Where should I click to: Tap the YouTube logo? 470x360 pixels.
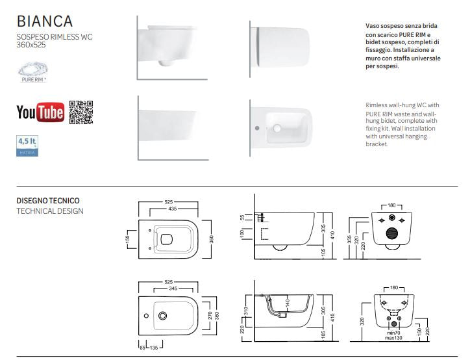(x=40, y=112)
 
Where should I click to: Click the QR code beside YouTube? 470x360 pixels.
(x=81, y=112)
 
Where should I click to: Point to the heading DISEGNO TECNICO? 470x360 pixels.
(x=47, y=201)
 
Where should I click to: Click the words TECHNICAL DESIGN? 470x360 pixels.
(x=49, y=211)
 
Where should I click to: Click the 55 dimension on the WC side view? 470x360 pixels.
(x=241, y=216)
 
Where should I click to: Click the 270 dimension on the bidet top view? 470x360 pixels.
(x=209, y=315)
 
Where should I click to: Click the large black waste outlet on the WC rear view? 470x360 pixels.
(x=391, y=234)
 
